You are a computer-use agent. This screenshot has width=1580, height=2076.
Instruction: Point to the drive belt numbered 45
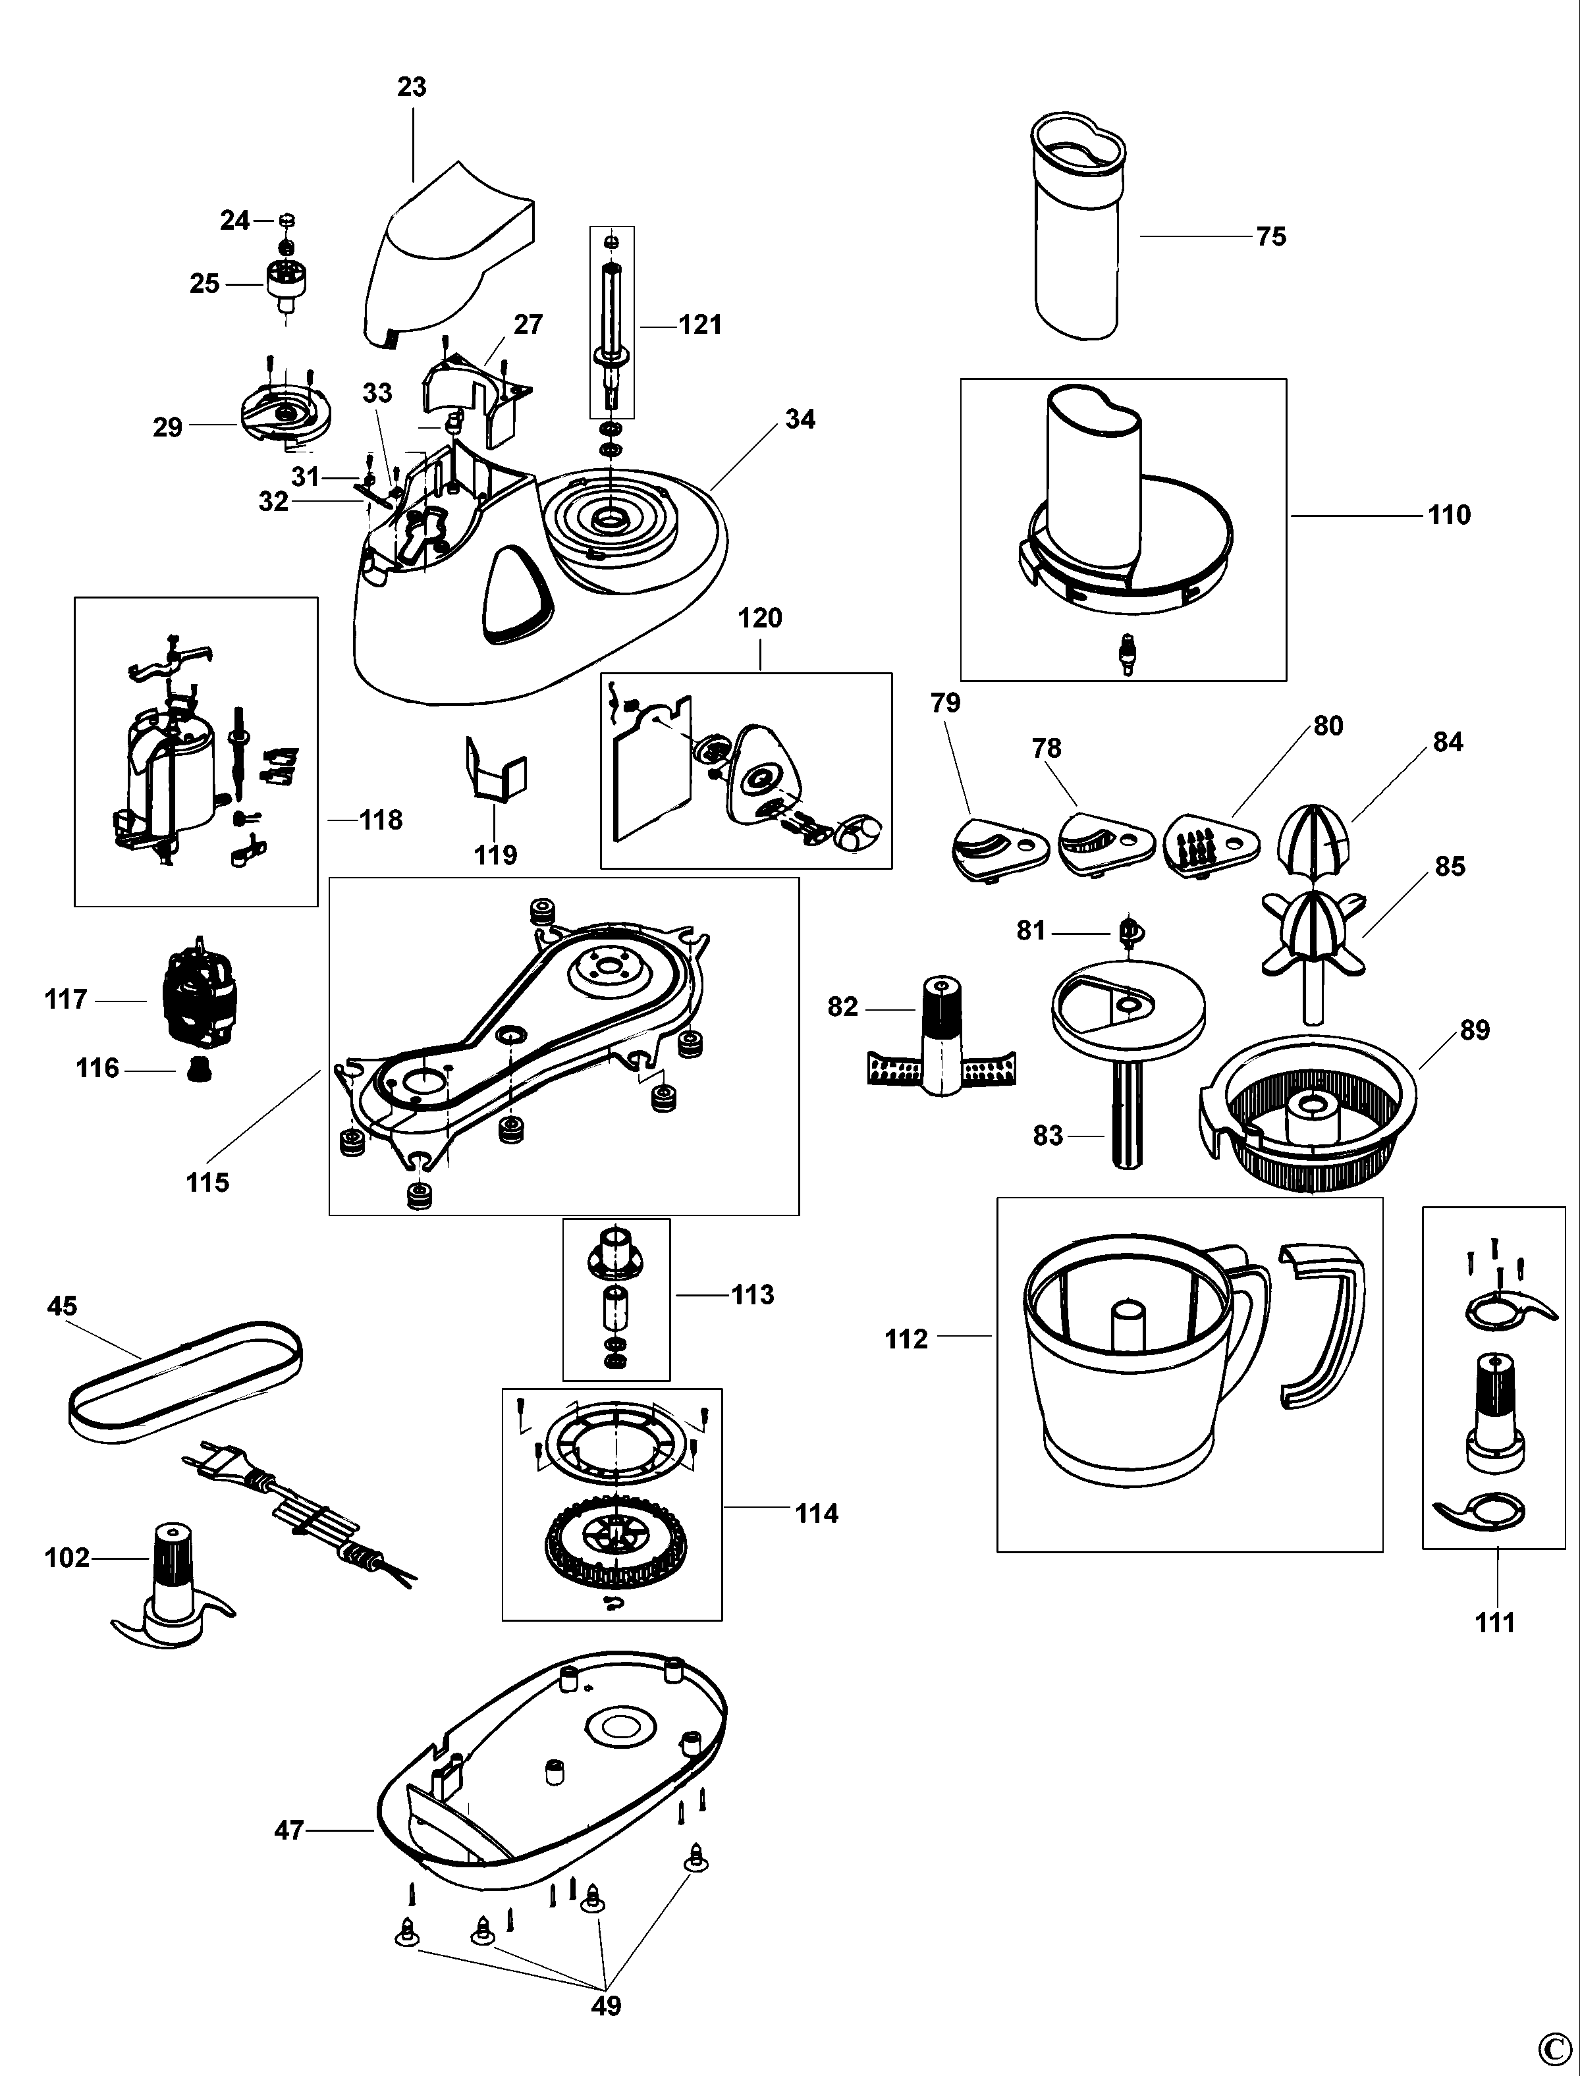(186, 1382)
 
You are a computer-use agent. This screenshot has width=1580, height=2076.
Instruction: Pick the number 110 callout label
(1448, 516)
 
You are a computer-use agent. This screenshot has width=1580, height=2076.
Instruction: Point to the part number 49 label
(607, 2006)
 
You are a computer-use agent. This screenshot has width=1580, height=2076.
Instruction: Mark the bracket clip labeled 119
(496, 768)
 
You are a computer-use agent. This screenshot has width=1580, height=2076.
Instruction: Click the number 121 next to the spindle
(701, 325)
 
